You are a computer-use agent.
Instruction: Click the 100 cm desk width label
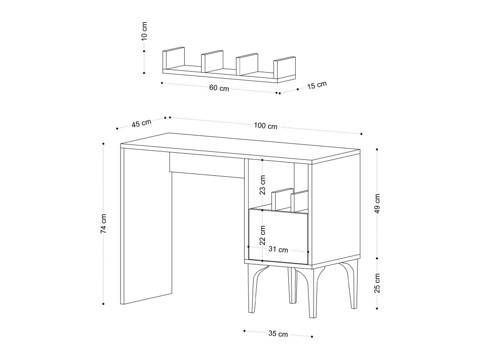[x=265, y=126]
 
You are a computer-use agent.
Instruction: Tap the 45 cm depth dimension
[x=141, y=124]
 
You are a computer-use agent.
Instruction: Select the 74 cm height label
[x=104, y=223]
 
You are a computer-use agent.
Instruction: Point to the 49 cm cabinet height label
[x=378, y=202]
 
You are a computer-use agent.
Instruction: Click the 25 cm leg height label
[x=378, y=283]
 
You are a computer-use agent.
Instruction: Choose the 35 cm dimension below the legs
[x=278, y=334]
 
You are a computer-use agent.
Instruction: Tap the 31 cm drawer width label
[x=278, y=249]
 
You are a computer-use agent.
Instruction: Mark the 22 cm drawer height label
[x=263, y=235]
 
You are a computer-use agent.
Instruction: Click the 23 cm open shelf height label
[x=263, y=185]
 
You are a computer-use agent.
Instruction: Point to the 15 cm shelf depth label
[x=317, y=85]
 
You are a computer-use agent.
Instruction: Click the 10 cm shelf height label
[x=144, y=31]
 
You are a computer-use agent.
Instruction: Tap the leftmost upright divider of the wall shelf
[x=173, y=58]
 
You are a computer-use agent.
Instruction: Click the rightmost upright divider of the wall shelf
[x=285, y=67]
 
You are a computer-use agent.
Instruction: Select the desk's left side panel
[x=146, y=226]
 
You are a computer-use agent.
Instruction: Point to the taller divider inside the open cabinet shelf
[x=282, y=199]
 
